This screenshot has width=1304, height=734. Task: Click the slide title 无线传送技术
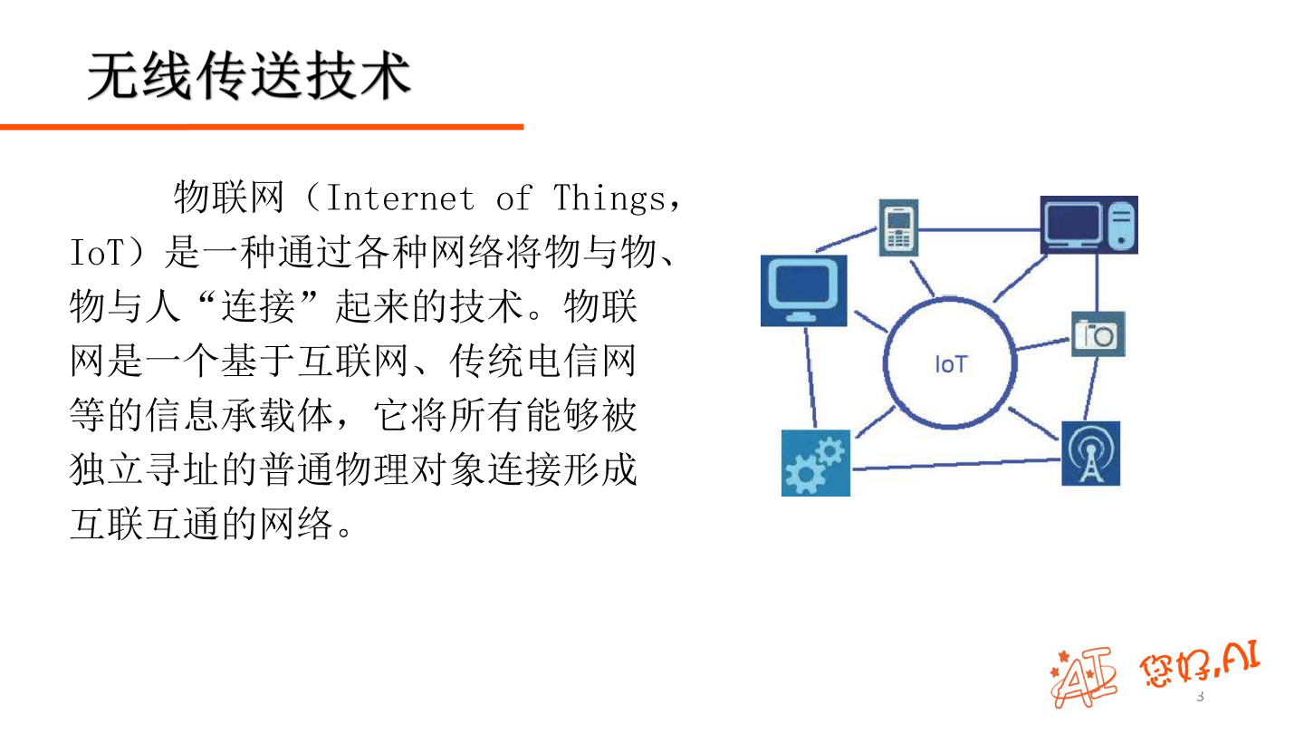249,76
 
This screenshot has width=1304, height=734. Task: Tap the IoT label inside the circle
951,364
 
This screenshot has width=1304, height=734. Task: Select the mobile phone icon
898,227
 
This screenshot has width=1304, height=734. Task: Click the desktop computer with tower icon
1088,225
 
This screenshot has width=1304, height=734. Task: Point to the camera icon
1098,334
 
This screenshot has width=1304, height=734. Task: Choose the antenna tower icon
1090,453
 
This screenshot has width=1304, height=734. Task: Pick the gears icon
815,462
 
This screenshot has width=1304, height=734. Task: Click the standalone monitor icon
803,290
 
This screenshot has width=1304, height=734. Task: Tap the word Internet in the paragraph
399,198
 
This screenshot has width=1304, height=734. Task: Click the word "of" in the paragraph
513,198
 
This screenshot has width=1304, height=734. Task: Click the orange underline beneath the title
262,127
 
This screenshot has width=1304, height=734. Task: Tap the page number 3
1201,697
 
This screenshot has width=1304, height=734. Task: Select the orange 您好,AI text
1201,666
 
